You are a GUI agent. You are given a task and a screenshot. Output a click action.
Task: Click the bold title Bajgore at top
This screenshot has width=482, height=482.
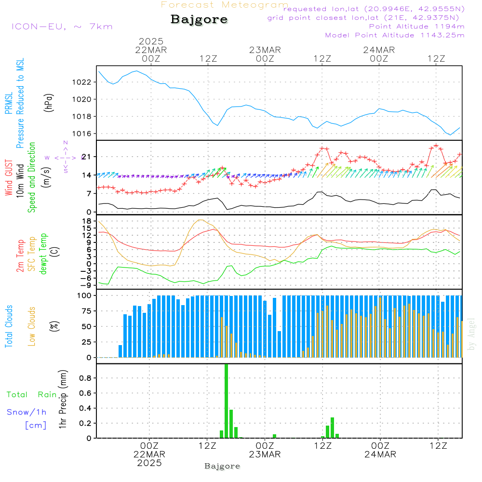click(199, 20)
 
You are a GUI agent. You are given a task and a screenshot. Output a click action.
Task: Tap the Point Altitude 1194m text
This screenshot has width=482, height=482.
click(416, 27)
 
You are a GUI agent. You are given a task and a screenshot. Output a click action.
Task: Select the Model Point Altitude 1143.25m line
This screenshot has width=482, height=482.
click(395, 35)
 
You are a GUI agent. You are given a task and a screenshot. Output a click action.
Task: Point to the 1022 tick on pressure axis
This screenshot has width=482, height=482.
click(84, 82)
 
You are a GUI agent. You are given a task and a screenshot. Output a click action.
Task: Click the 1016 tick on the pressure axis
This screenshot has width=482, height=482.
click(84, 134)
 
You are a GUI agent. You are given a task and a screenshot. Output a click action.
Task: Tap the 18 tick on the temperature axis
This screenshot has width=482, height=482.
click(87, 221)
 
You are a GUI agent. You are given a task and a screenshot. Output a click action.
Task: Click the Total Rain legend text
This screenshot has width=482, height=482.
click(31, 395)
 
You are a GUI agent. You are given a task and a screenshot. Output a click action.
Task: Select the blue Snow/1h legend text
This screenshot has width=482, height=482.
click(27, 412)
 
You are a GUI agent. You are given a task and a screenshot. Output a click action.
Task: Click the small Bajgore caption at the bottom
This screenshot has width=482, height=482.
click(222, 466)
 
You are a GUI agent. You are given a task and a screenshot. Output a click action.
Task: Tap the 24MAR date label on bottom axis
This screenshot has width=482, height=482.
click(380, 455)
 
